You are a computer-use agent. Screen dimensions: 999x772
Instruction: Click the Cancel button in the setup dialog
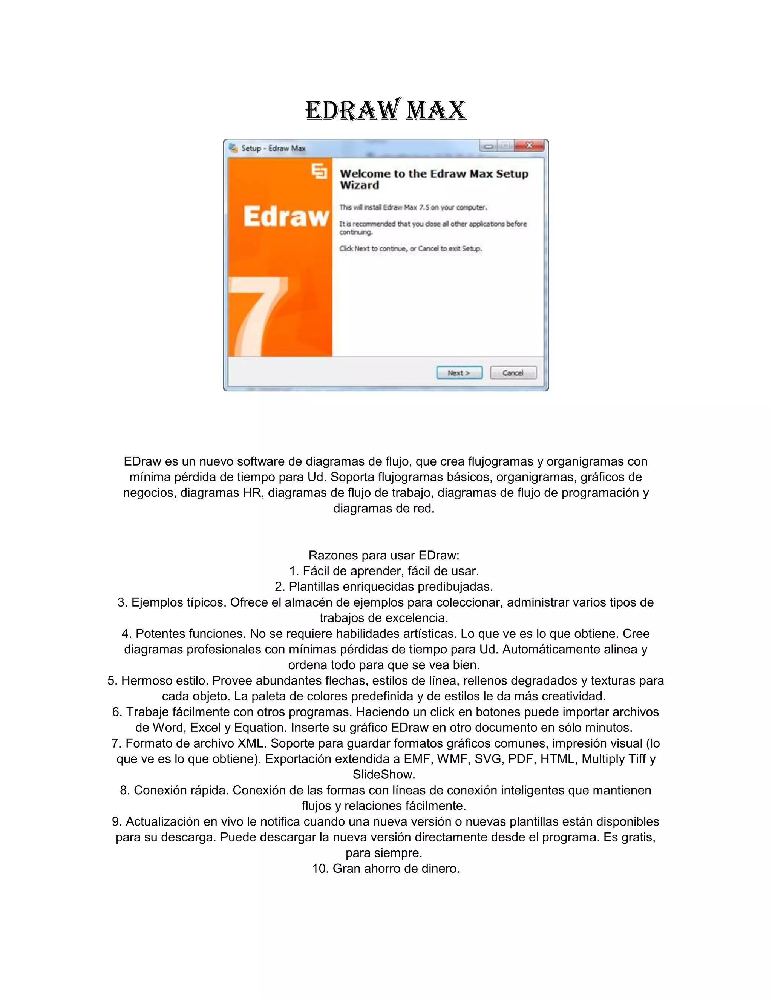513,373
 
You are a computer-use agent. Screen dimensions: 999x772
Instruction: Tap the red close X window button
529,146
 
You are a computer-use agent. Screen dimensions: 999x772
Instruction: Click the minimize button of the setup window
489,146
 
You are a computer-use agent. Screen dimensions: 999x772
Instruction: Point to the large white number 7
258,316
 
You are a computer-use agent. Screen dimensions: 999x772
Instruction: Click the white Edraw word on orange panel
286,216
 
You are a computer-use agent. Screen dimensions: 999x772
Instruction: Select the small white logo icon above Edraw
319,171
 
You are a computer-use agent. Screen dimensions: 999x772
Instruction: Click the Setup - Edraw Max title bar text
273,148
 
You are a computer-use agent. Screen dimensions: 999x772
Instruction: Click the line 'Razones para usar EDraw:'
384,555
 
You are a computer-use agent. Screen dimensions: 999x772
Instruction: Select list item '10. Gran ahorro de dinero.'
386,868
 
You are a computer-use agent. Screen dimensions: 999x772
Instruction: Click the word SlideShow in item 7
384,774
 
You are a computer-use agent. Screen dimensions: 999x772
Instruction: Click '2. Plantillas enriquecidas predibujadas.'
384,587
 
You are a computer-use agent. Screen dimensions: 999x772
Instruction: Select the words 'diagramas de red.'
384,508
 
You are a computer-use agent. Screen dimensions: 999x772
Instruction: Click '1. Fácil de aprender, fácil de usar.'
384,571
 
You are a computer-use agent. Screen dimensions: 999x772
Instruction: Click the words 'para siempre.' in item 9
384,853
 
